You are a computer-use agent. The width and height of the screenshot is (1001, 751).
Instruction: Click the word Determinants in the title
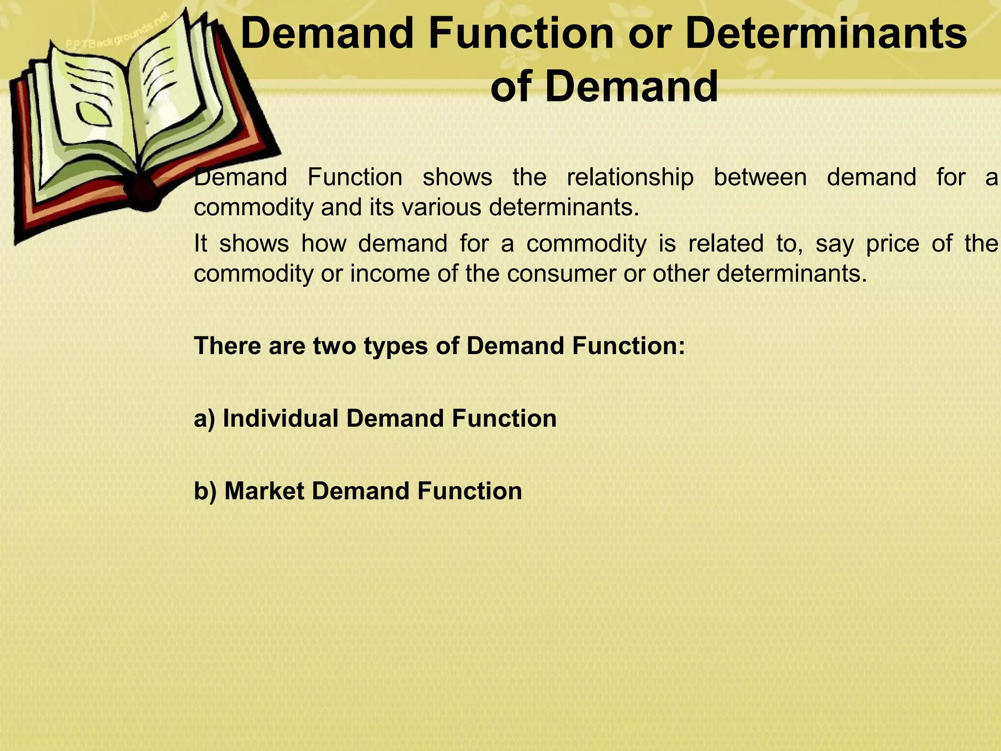pyautogui.click(x=826, y=34)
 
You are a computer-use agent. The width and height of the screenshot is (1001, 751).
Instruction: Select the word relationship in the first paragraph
pyautogui.click(x=630, y=177)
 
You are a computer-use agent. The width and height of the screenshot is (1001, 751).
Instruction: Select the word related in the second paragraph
pyautogui.click(x=725, y=243)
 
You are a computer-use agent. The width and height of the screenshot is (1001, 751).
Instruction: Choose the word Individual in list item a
pyautogui.click(x=281, y=418)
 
